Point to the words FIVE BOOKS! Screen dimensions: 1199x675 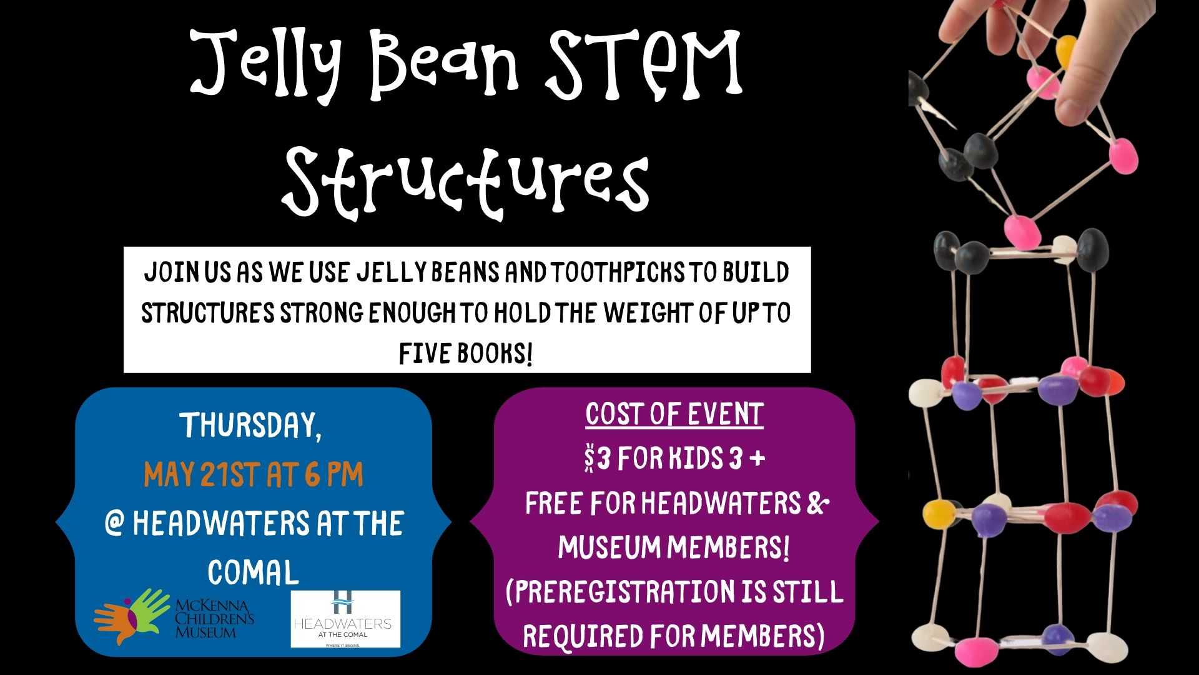click(466, 353)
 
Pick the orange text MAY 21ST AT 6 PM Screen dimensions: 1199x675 click(253, 474)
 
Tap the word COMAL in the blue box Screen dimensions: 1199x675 click(253, 572)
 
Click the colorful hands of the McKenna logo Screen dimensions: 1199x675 click(131, 615)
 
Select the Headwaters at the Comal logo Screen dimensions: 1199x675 click(345, 619)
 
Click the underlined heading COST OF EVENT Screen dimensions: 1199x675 click(674, 414)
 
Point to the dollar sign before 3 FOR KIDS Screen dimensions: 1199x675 click(589, 459)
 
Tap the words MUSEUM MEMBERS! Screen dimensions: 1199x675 click(674, 547)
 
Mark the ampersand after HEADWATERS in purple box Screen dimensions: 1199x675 click(817, 503)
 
